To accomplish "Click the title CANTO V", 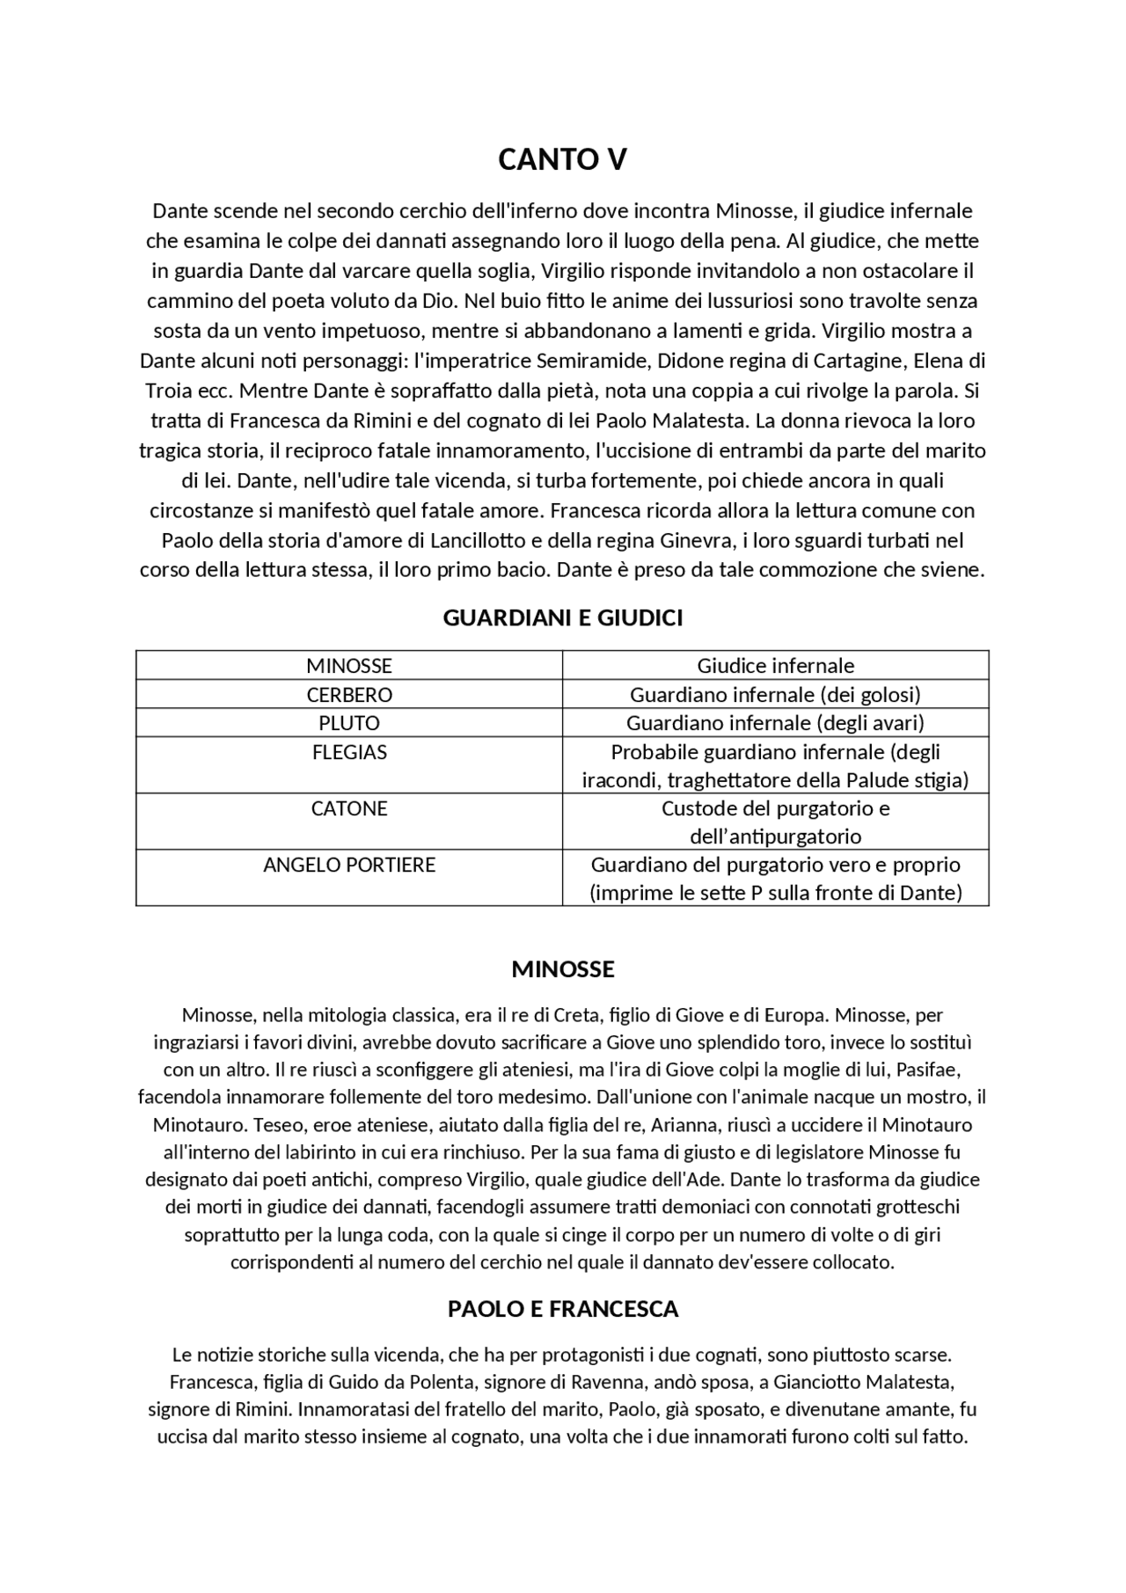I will coord(562,159).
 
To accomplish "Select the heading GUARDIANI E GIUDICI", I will coord(562,617).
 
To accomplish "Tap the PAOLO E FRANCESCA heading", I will coord(562,1309).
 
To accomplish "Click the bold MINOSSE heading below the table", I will coord(562,969).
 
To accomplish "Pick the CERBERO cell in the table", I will coord(349,695).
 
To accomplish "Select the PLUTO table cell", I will coord(349,723).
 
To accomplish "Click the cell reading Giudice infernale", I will coord(775,666).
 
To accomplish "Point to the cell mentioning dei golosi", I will coord(775,695).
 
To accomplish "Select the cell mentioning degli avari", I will coord(775,723).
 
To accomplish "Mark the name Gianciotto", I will coord(818,1382).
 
